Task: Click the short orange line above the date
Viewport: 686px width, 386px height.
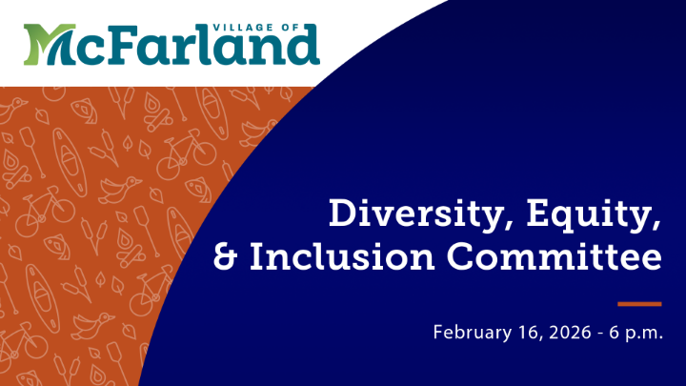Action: [x=638, y=304]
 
